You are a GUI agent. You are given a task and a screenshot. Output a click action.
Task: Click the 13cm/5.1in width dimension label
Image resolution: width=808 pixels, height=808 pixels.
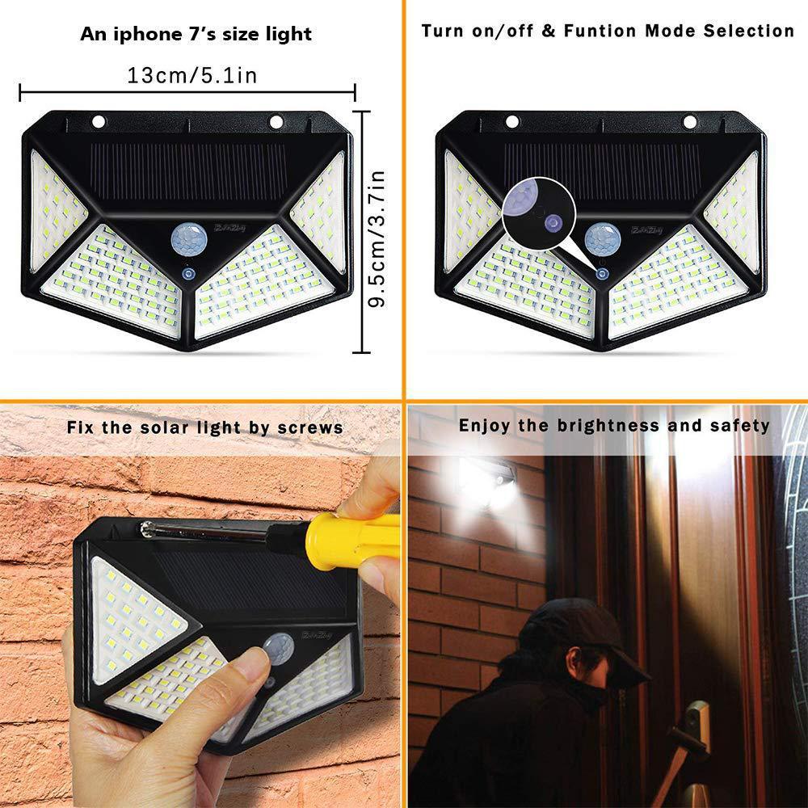coord(192,76)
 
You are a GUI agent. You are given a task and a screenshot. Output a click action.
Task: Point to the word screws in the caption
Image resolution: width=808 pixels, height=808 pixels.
coord(314,427)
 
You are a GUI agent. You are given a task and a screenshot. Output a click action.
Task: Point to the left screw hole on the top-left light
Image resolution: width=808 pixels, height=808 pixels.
coord(99,122)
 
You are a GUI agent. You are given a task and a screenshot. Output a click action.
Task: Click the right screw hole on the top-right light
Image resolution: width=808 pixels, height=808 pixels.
coord(689,122)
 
